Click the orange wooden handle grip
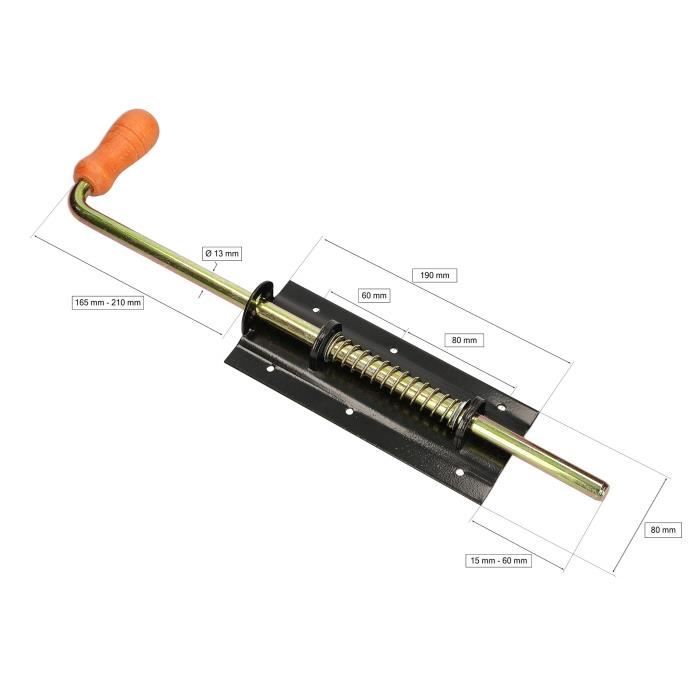click(117, 151)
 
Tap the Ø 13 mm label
click(222, 253)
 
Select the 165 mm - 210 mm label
click(108, 302)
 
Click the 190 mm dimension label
click(433, 275)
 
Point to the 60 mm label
click(374, 295)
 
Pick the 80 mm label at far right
click(663, 529)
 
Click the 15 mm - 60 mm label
click(499, 560)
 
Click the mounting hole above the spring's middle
click(394, 352)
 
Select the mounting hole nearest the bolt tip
click(458, 471)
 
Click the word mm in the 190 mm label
click(441, 275)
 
